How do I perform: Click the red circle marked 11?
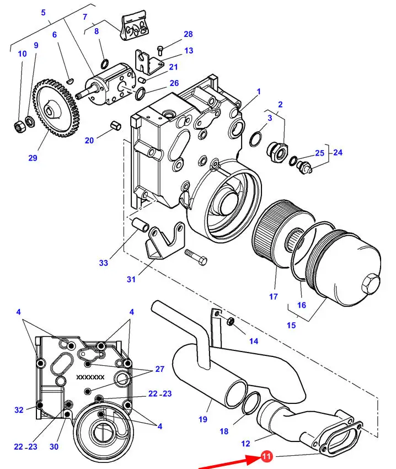[x=266, y=456]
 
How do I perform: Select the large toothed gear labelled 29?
[x=56, y=108]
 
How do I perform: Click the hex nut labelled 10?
[x=20, y=127]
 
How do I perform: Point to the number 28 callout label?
[x=188, y=34]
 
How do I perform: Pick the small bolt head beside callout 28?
[x=160, y=50]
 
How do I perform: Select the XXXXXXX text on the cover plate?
[x=90, y=377]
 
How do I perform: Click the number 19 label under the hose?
[x=203, y=419]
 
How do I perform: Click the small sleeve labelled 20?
[x=116, y=125]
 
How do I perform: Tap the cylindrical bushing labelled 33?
[x=140, y=225]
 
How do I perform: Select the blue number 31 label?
[x=131, y=279]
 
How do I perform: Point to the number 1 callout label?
[x=259, y=91]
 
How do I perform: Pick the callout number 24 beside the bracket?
[x=338, y=152]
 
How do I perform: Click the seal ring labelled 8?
[x=105, y=63]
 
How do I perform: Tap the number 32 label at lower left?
[x=19, y=410]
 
